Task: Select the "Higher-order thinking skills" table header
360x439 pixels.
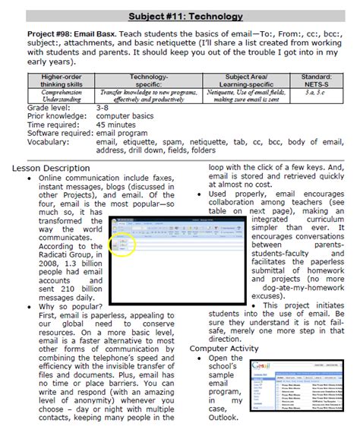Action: coord(63,81)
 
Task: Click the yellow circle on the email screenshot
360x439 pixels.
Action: coord(125,244)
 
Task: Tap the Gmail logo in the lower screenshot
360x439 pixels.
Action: coord(260,366)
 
